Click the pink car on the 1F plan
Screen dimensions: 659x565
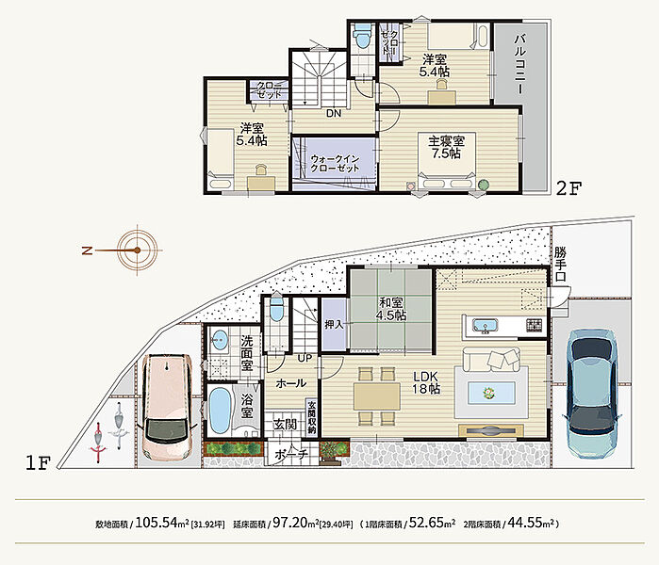click(167, 408)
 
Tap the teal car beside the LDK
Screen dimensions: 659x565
click(592, 393)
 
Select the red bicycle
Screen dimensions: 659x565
click(98, 443)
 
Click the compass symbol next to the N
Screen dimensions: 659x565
click(138, 250)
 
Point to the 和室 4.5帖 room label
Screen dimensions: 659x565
click(391, 309)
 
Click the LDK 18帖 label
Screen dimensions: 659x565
click(426, 382)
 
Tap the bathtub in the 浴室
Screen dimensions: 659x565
click(220, 411)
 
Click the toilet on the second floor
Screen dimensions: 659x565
click(362, 36)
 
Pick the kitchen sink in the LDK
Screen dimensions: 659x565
click(485, 326)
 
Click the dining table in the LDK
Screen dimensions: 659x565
click(377, 395)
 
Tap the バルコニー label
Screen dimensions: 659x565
click(519, 64)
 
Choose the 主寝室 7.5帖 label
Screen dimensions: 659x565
click(446, 147)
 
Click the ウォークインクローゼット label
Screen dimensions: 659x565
click(335, 164)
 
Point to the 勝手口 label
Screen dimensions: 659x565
click(560, 264)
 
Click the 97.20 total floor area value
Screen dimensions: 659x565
click(290, 523)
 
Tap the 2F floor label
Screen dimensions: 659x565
click(569, 188)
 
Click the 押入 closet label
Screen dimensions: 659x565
click(334, 325)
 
